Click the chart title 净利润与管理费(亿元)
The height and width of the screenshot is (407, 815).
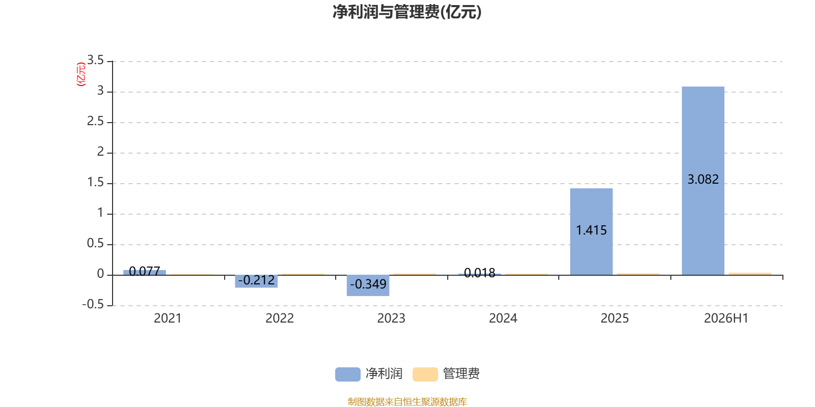pos(407,12)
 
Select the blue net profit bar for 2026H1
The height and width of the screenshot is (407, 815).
pos(703,181)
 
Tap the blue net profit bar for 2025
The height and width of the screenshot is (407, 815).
pos(591,231)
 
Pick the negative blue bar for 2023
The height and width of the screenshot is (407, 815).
pos(368,285)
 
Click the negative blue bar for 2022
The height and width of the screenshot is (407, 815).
pos(256,281)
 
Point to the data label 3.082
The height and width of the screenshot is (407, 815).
pos(703,179)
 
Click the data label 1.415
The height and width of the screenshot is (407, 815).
pos(591,230)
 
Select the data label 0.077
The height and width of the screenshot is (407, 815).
pos(145,271)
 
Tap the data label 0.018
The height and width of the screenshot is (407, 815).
pos(479,273)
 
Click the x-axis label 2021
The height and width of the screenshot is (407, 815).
pos(168,318)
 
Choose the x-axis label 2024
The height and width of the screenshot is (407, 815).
pos(503,318)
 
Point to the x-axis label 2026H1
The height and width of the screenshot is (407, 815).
pos(726,318)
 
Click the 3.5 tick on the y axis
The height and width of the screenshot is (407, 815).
pos(95,60)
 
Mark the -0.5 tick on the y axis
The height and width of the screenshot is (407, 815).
pos(93,304)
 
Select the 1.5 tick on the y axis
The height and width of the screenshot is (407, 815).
pos(95,182)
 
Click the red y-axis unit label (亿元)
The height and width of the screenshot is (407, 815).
pos(81,74)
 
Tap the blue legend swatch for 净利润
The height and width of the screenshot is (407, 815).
pos(348,374)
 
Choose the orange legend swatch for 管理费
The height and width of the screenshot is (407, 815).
pos(425,374)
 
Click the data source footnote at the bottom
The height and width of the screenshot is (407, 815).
pos(407,401)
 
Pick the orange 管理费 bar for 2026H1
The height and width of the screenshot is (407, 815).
pos(750,274)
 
